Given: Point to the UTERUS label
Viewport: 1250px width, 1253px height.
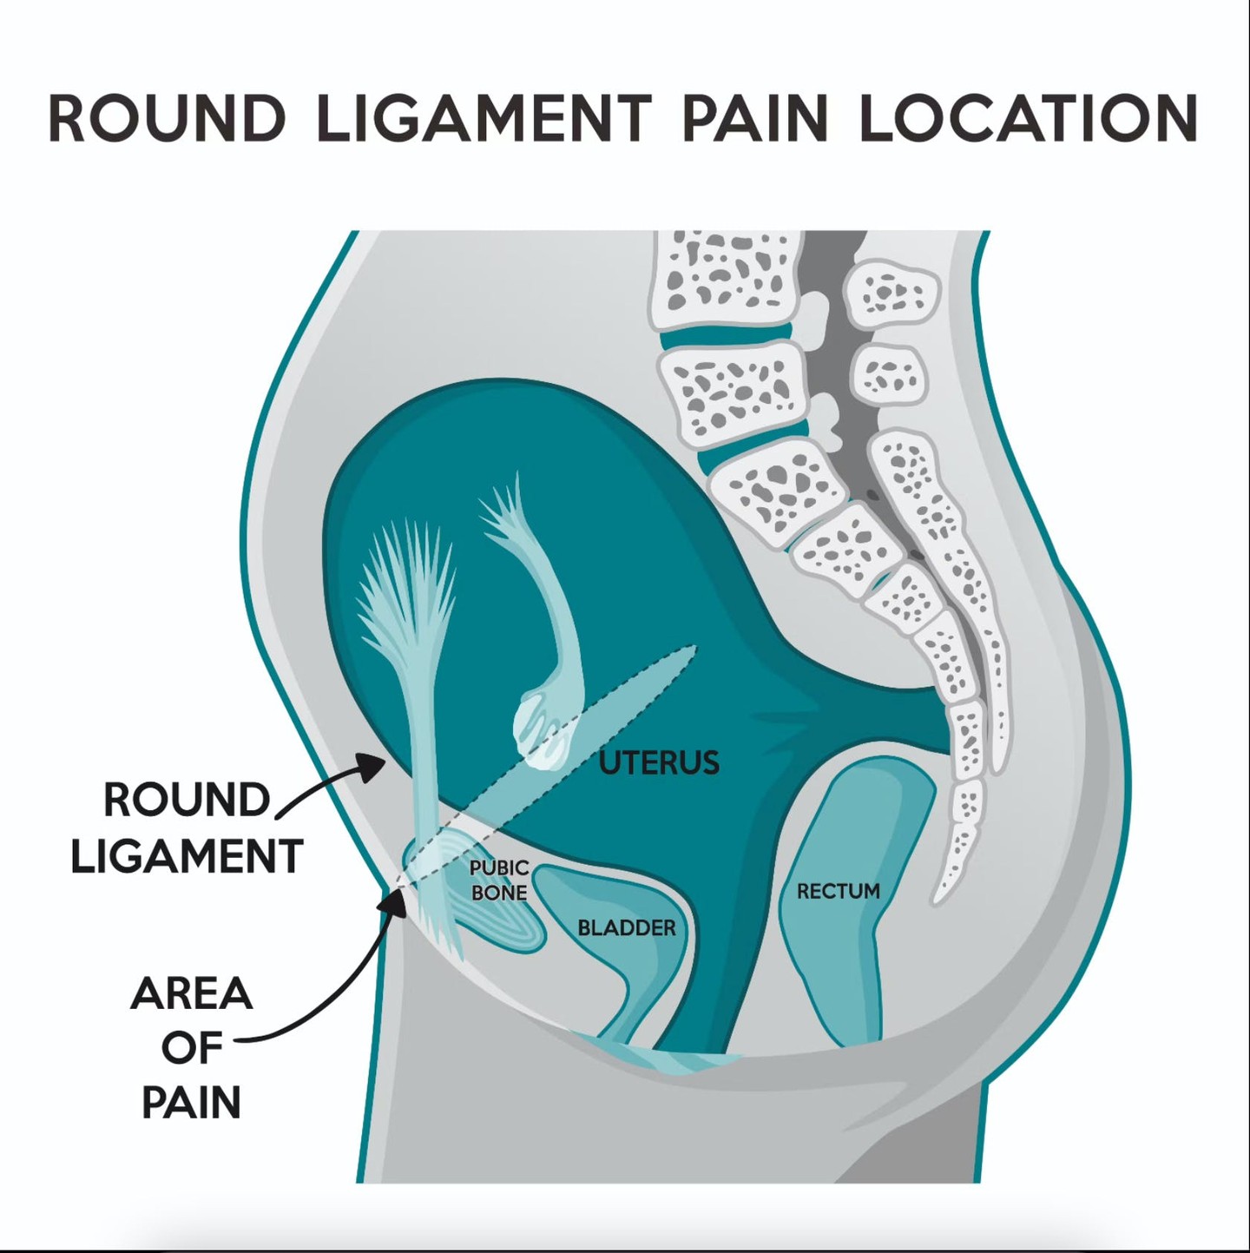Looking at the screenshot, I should tap(660, 762).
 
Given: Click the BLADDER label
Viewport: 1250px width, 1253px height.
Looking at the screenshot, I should tap(626, 927).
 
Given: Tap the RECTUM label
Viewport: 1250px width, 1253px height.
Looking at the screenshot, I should tap(838, 891).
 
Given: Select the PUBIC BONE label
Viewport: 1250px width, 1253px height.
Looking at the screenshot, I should tap(498, 880).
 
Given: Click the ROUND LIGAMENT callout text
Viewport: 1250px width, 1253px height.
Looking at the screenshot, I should tap(186, 828).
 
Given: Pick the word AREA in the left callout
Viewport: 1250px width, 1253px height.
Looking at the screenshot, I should tap(192, 993).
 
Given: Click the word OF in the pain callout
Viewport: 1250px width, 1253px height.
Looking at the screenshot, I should tap(191, 1048).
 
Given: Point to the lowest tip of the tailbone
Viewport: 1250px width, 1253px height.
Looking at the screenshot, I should tap(939, 898).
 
